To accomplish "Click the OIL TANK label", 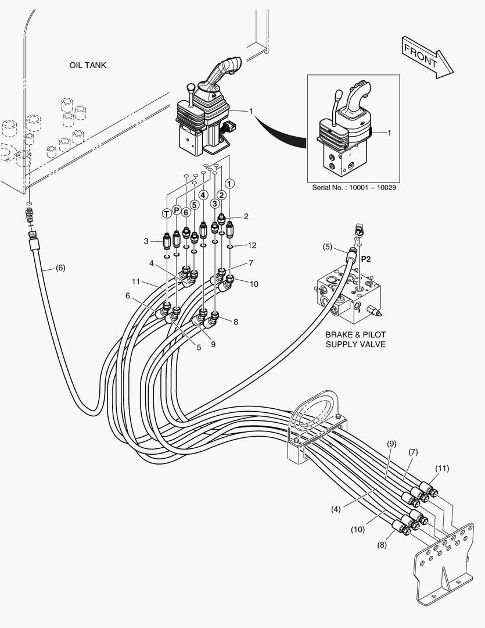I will [x=88, y=65].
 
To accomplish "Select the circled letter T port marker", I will [x=167, y=214].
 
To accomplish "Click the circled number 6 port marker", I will [x=186, y=212].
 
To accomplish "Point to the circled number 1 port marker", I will [x=231, y=183].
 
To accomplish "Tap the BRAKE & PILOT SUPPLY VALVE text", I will [x=355, y=340].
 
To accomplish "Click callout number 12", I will [x=252, y=245].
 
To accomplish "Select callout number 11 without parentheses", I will [x=136, y=281].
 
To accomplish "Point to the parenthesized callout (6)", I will [x=60, y=268].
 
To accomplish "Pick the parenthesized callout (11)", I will [x=443, y=468].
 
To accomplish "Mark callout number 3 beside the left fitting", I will [x=146, y=240].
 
